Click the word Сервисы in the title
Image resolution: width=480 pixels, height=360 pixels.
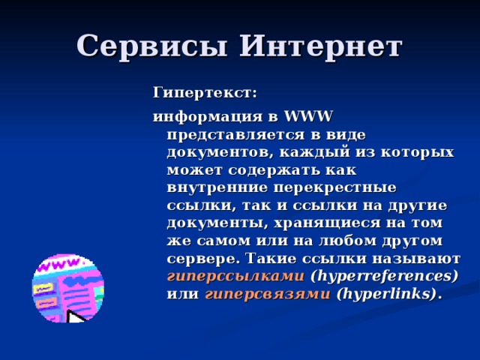(x=151, y=47)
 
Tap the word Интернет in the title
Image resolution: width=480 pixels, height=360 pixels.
(x=320, y=47)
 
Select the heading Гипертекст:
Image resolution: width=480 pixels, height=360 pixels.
(x=205, y=93)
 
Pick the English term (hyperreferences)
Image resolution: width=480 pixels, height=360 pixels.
(x=384, y=276)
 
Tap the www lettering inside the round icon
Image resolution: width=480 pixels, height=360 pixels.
(x=57, y=267)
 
